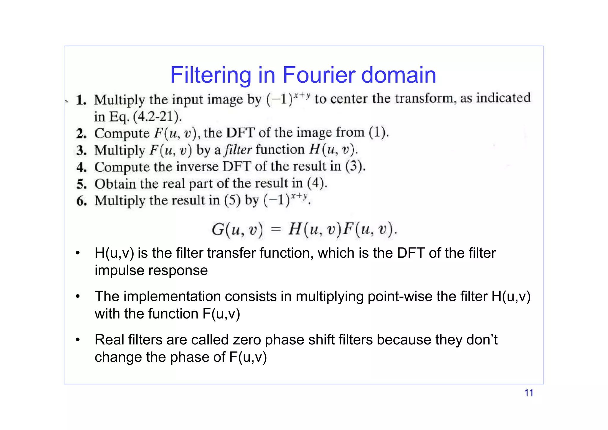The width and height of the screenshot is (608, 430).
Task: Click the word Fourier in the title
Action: (319, 75)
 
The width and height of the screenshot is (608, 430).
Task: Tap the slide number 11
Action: (528, 393)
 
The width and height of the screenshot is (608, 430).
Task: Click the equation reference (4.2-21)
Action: (157, 116)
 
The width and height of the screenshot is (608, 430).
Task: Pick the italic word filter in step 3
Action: (238, 149)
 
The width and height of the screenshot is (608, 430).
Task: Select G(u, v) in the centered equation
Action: (237, 230)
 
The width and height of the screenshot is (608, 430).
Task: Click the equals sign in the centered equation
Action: (276, 230)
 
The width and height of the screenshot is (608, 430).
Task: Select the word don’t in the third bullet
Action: (482, 340)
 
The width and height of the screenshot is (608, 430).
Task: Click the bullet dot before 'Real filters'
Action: (78, 340)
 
